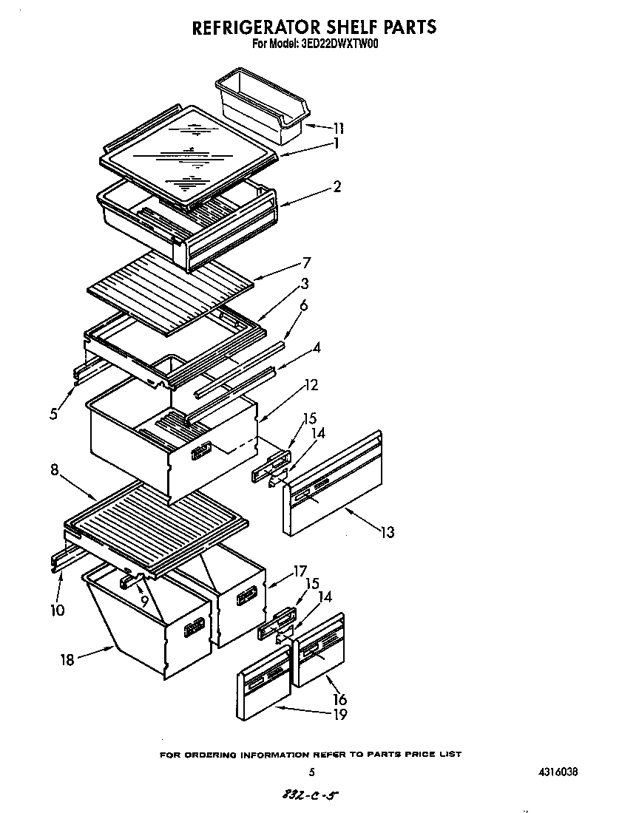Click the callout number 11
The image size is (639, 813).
(337, 128)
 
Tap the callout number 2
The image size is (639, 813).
(337, 187)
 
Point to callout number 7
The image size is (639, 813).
(306, 262)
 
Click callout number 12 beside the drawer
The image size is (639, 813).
(311, 384)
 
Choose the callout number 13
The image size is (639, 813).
(387, 532)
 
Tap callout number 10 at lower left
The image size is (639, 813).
(58, 610)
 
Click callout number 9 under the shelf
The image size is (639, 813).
(145, 602)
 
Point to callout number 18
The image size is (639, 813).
(67, 660)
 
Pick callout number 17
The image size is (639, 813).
(300, 571)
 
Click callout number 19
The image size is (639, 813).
(339, 714)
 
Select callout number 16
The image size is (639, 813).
(339, 699)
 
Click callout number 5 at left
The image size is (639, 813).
(54, 414)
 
